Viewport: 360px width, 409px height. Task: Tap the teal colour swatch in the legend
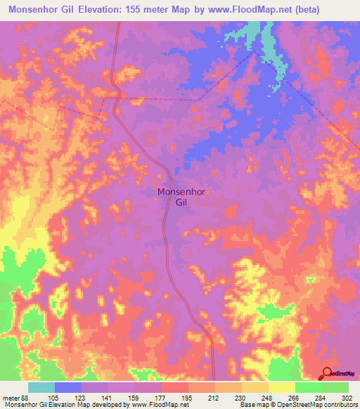(x=41, y=387)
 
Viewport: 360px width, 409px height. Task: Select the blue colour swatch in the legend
(x=68, y=387)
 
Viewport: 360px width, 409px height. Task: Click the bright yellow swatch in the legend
(x=282, y=387)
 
